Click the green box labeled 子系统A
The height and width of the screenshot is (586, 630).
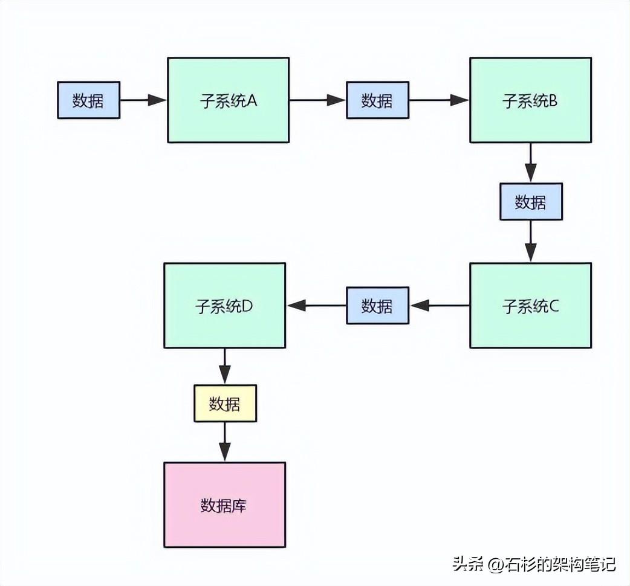(x=228, y=100)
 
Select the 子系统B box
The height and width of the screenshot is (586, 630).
(x=530, y=100)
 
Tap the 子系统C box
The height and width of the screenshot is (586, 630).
(x=530, y=305)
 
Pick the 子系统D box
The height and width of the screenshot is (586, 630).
(x=224, y=305)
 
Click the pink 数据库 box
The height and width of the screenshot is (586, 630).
(x=224, y=504)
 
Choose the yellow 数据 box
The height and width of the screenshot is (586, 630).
(x=225, y=404)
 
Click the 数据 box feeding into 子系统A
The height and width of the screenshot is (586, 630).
(x=88, y=100)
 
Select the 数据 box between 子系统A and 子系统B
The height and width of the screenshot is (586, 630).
(x=377, y=100)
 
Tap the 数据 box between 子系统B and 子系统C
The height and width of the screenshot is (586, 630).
(x=530, y=202)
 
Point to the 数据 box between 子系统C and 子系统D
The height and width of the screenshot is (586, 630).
(x=377, y=305)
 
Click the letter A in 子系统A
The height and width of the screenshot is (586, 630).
(x=252, y=100)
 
